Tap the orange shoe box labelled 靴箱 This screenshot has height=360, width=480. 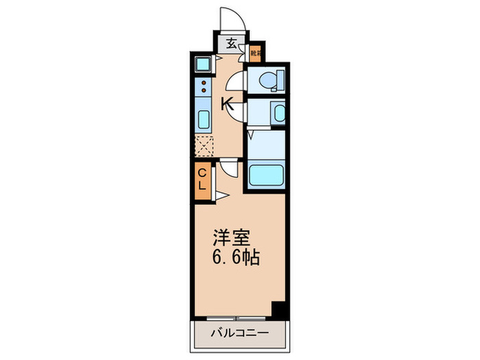tap(254, 52)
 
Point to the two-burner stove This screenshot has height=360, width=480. tap(204, 87)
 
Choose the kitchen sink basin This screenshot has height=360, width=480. tap(204, 120)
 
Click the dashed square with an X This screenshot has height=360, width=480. tap(204, 147)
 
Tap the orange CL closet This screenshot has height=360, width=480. tap(204, 180)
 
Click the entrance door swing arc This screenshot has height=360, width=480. tap(230, 19)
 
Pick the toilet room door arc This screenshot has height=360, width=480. tap(236, 82)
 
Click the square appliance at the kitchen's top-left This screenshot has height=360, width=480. tap(204, 64)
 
